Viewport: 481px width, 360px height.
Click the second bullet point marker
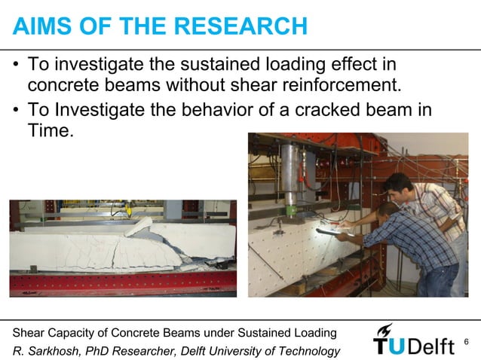click(x=16, y=110)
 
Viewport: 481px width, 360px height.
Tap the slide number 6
click(x=466, y=343)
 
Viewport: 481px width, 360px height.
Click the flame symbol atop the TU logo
click(x=385, y=329)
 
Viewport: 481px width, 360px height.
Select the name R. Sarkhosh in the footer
click(x=46, y=350)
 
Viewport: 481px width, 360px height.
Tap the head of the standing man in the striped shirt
click(x=397, y=183)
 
